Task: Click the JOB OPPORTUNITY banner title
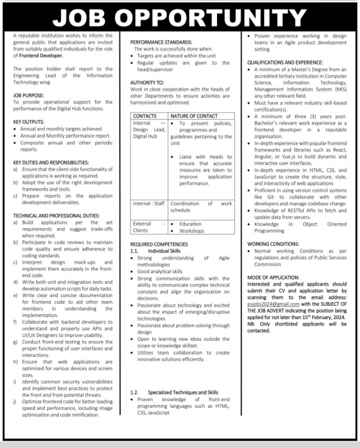click(179, 17)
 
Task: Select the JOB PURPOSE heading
click(28, 95)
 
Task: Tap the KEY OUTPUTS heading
click(28, 122)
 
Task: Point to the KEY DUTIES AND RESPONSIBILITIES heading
click(51, 162)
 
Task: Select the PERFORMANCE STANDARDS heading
click(161, 43)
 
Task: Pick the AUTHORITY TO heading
click(147, 82)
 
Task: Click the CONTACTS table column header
click(144, 116)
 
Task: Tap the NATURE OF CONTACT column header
click(194, 116)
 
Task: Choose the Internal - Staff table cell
click(148, 204)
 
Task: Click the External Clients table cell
click(140, 227)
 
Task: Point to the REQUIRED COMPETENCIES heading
click(159, 244)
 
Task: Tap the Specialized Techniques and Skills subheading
click(183, 392)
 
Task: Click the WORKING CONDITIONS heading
click(273, 244)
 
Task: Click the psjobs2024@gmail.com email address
click(273, 303)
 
